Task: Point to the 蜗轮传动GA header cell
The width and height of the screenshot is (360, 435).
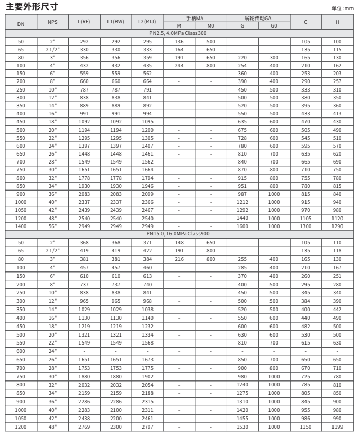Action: [x=258, y=19]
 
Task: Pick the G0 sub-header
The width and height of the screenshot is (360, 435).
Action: [x=274, y=25]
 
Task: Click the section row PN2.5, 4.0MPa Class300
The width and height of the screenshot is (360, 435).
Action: [x=179, y=33]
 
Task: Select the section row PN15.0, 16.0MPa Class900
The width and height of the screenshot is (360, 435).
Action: [x=179, y=233]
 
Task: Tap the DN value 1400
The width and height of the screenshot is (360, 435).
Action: [x=21, y=226]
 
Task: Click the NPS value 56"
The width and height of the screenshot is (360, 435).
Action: [x=52, y=226]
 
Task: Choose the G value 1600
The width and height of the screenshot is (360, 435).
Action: [x=242, y=226]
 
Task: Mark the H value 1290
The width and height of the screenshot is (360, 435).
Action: [x=338, y=226]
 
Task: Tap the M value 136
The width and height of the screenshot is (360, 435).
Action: [x=179, y=41]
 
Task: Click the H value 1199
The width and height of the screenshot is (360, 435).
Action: [x=338, y=426]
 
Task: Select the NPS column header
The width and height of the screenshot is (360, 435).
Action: [x=52, y=22]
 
